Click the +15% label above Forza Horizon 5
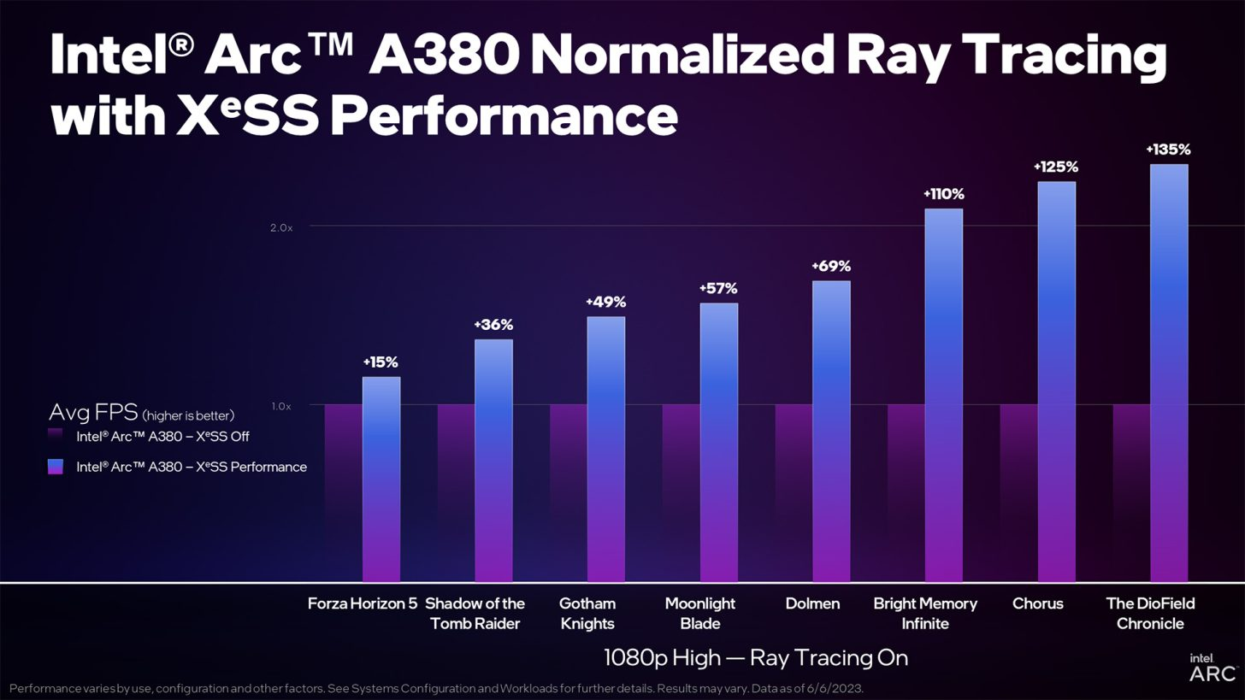[381, 362]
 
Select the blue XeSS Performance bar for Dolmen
[831, 432]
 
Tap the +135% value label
[1168, 150]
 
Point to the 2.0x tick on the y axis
[281, 228]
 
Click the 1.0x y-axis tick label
[281, 406]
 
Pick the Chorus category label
[1037, 603]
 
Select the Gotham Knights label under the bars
[587, 614]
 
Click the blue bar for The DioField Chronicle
[1169, 373]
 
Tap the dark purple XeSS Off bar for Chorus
[1018, 492]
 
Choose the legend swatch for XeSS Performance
[56, 467]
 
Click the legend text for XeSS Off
[162, 437]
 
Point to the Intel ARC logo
[1213, 668]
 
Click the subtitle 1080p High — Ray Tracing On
[755, 657]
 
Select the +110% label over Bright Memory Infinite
[943, 195]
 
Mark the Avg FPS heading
[93, 412]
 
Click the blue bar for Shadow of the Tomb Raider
[493, 461]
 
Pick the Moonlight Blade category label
[699, 614]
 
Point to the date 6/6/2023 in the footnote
[838, 688]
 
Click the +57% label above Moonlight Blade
[717, 289]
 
